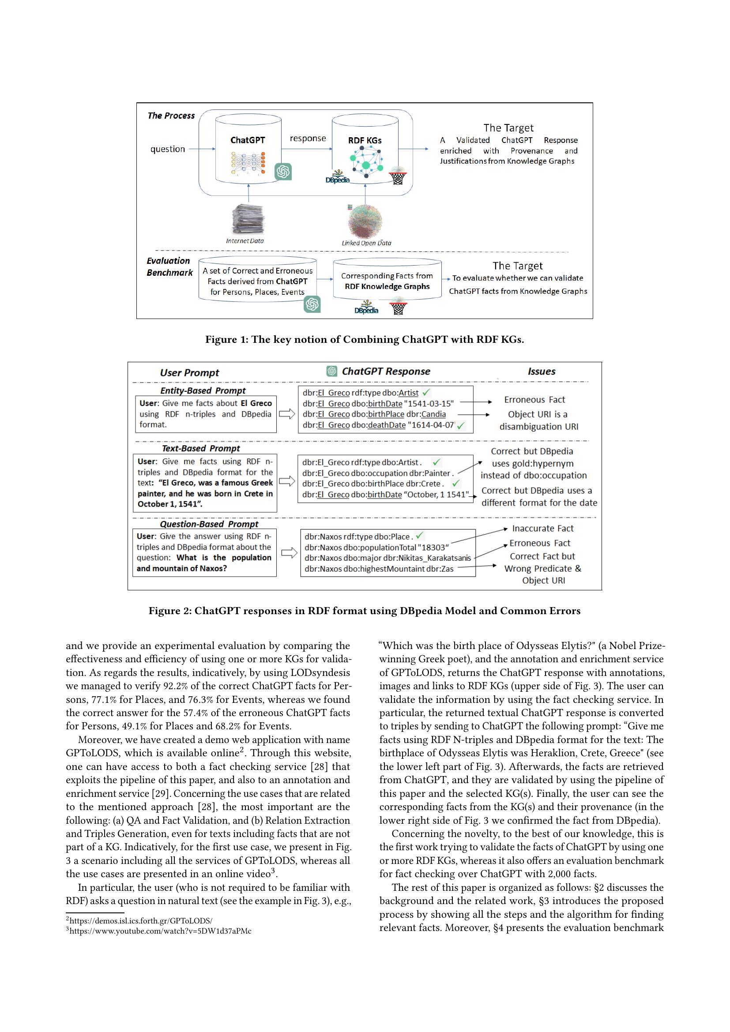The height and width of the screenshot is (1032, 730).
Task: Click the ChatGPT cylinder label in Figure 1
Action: click(248, 140)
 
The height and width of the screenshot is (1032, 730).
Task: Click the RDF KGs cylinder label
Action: click(365, 140)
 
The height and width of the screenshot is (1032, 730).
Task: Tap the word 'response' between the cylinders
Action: click(308, 139)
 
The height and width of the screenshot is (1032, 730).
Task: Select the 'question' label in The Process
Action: click(168, 149)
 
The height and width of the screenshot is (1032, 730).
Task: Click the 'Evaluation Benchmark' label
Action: click(169, 266)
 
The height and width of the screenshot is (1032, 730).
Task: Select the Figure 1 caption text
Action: click(365, 339)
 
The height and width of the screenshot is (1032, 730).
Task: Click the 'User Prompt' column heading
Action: click(189, 373)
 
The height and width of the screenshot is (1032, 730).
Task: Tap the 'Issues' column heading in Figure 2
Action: click(541, 371)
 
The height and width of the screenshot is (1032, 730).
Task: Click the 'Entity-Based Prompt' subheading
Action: click(203, 390)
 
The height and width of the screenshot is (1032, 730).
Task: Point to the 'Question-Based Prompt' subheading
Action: click(209, 524)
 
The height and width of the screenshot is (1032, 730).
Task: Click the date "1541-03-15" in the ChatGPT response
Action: click(430, 404)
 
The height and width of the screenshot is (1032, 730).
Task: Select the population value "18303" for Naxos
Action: click(433, 548)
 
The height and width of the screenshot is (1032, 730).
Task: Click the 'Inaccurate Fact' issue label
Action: click(542, 529)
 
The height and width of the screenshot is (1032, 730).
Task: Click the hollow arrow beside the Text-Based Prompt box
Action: click(287, 481)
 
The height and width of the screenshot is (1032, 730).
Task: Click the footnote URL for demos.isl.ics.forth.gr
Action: click(141, 920)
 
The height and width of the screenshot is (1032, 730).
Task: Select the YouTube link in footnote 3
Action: click(160, 931)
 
